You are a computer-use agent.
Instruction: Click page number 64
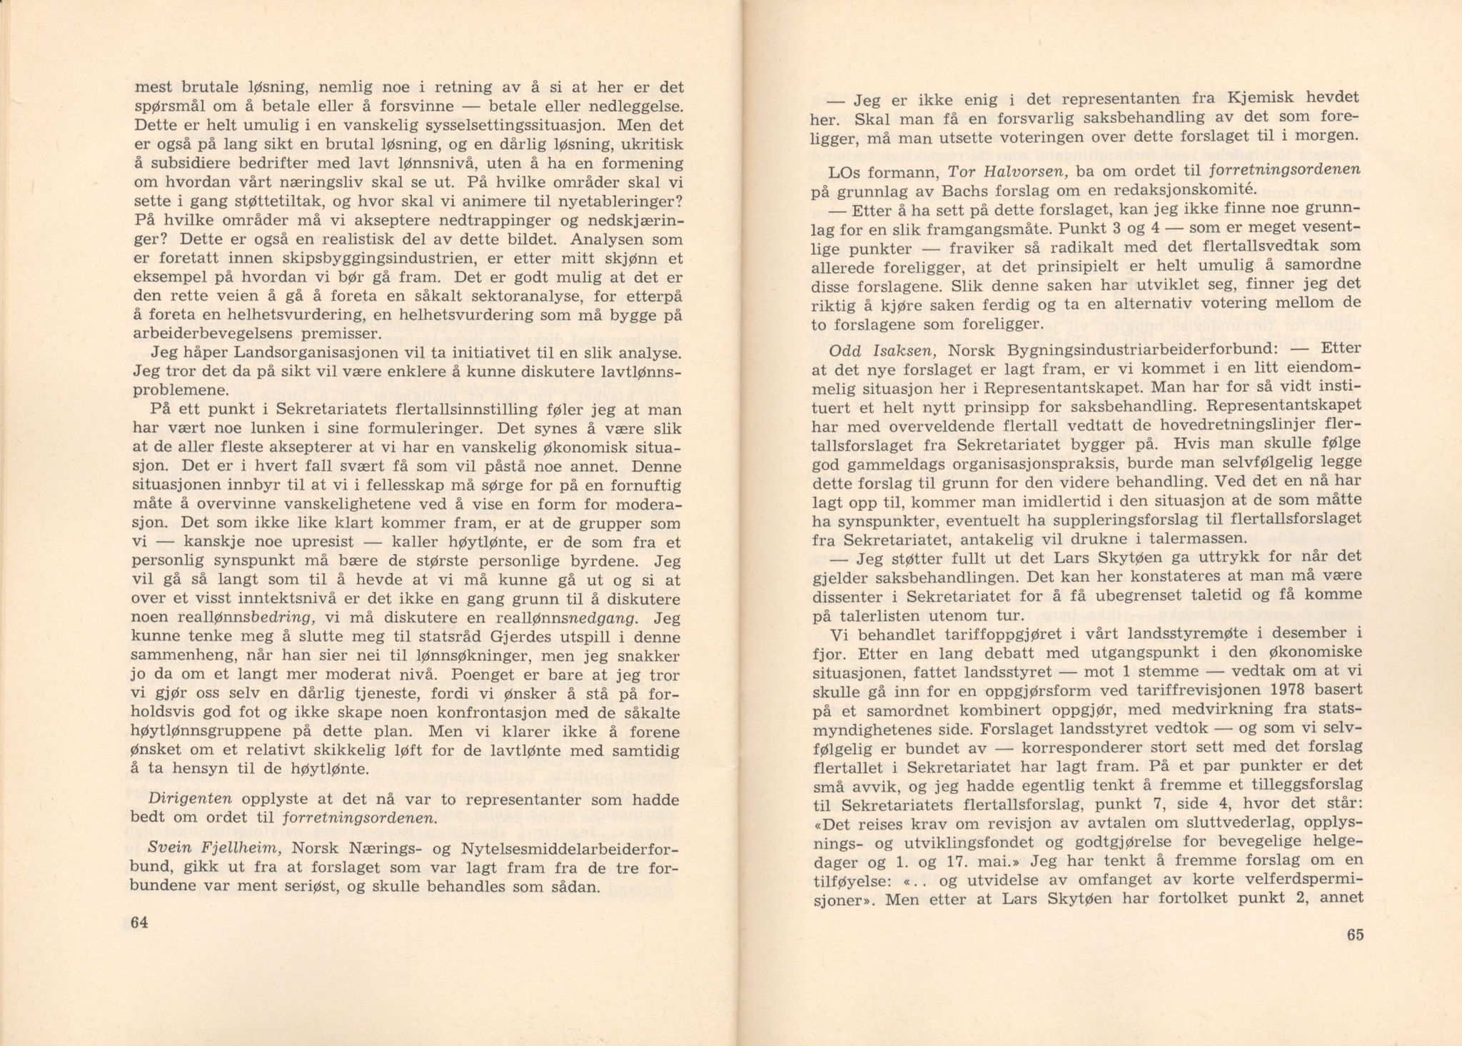tap(139, 922)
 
